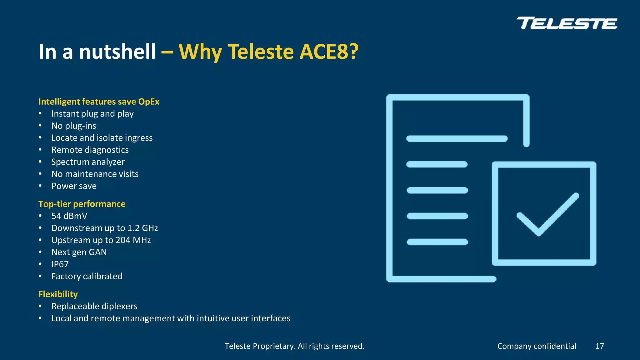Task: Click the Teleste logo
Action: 567,23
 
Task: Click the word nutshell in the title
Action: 117,52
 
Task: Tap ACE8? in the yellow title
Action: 329,52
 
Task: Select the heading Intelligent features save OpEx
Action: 99,102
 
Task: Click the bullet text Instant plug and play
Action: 92,114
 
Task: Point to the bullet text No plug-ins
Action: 74,126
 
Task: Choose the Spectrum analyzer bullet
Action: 88,162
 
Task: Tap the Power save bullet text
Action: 74,186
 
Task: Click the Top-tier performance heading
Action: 82,204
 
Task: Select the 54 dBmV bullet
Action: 69,216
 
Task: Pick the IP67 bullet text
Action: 60,264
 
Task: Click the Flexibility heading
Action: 58,294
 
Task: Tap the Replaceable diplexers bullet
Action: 94,306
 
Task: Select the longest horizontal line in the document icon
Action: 457,138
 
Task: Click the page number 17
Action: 599,346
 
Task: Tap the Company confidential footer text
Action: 537,346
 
